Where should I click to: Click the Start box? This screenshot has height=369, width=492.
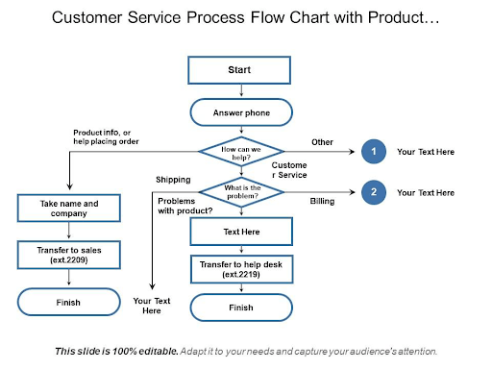pos(240,70)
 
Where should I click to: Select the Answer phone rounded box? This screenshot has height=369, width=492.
pos(240,114)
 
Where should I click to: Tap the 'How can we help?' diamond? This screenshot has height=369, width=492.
pos(240,152)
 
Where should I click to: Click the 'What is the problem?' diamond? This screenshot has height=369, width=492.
pos(240,191)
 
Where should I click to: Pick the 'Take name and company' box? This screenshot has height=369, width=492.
pos(69,208)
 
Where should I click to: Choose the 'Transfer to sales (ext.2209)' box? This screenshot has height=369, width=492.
pos(69,255)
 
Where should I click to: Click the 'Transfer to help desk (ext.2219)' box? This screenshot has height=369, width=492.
pos(240,269)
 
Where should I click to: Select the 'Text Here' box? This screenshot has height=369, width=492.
pos(240,232)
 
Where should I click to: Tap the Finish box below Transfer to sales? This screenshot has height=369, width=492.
pos(69,303)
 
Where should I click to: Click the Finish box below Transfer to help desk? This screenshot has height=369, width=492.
pos(240,307)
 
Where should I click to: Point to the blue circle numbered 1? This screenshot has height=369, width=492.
pos(373,152)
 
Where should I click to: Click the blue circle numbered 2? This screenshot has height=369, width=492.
pos(373,192)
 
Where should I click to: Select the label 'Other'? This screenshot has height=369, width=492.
pos(322,142)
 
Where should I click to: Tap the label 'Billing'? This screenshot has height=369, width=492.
pos(322,202)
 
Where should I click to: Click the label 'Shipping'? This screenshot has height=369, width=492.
pos(174,180)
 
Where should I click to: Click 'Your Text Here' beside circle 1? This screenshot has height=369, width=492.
pos(425,152)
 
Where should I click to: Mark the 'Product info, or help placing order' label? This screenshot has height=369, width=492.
pos(106,136)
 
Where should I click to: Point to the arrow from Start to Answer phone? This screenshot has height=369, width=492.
pos(240,92)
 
